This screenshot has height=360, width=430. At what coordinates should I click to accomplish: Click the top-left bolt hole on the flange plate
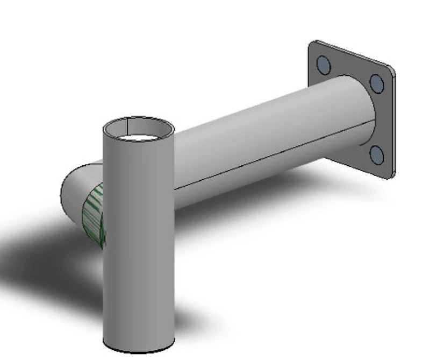click(324, 65)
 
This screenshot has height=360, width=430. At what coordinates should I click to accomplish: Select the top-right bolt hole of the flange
click(377, 83)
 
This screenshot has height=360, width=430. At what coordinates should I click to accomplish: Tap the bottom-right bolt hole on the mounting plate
click(377, 155)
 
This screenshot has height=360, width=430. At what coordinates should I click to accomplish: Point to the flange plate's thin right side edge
click(395, 124)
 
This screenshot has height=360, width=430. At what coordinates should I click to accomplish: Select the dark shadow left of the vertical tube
click(43, 264)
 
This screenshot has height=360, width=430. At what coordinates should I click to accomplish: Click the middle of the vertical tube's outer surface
click(139, 242)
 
